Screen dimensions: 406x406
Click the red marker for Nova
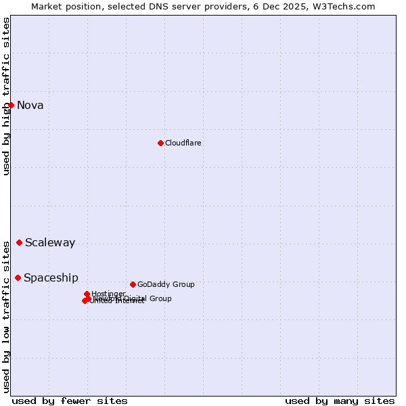[x=11, y=105]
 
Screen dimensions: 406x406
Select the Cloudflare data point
[x=160, y=143]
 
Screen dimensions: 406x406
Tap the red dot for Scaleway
[x=19, y=242]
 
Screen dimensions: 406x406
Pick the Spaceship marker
[x=18, y=277]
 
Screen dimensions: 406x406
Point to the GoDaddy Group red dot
[x=133, y=284]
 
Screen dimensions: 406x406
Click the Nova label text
[x=30, y=105]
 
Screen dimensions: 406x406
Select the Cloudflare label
[x=183, y=143]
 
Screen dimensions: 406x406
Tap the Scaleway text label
[x=50, y=243]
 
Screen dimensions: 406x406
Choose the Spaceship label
[x=51, y=278]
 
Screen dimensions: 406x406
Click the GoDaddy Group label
[x=166, y=284]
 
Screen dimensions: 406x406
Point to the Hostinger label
[x=108, y=294]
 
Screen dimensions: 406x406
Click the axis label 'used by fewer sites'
[x=70, y=401]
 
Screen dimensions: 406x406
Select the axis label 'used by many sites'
[x=340, y=401]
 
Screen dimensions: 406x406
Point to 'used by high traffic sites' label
[x=6, y=95]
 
